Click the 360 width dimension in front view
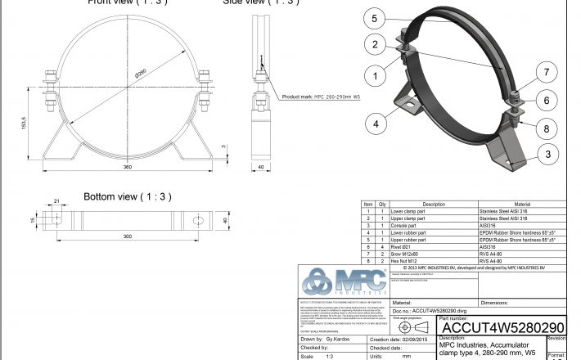tap(128, 166)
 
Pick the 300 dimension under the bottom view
tap(128, 236)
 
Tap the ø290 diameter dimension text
tap(140, 73)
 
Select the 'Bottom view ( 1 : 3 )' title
tap(126, 197)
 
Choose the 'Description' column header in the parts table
tap(433, 204)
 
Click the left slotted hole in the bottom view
tap(57, 221)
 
